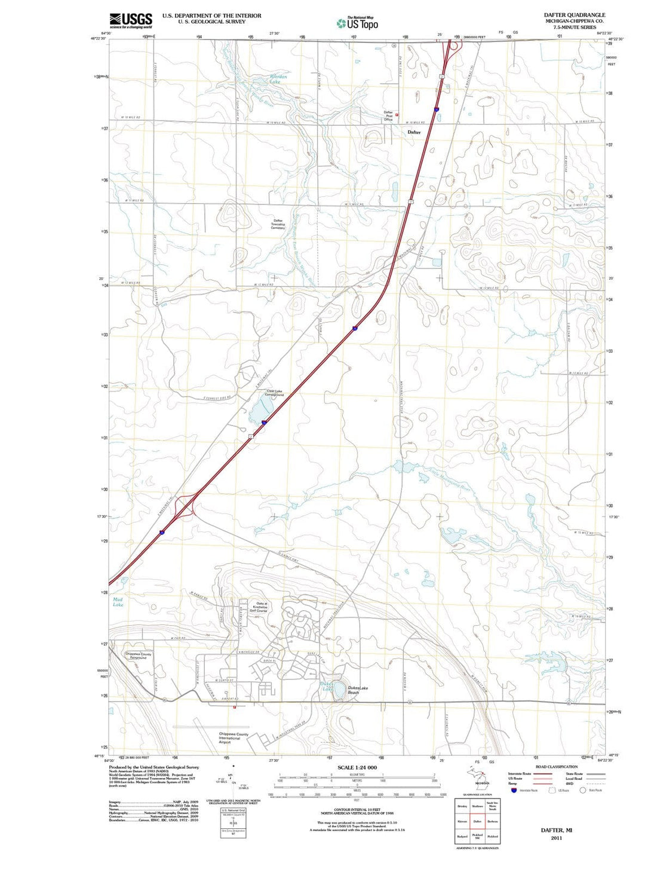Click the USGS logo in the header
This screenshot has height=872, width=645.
pyautogui.click(x=131, y=21)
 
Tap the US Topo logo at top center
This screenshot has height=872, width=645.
pyautogui.click(x=357, y=23)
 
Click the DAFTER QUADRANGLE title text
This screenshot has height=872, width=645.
pyautogui.click(x=574, y=15)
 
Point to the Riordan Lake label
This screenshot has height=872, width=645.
pyautogui.click(x=278, y=79)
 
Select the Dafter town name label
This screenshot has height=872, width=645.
pyautogui.click(x=414, y=132)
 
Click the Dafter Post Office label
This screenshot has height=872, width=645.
pyautogui.click(x=388, y=116)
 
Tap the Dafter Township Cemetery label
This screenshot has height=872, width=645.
pyautogui.click(x=278, y=224)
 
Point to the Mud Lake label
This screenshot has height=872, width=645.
pyautogui.click(x=118, y=602)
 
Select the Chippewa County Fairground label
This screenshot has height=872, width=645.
pyautogui.click(x=138, y=656)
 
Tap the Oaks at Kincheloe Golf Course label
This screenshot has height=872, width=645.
pyautogui.click(x=261, y=607)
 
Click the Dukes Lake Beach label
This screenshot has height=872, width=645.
pyautogui.click(x=358, y=690)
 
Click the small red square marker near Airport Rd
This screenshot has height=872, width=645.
pyautogui.click(x=234, y=708)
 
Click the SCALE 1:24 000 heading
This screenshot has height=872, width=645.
pyautogui.click(x=357, y=767)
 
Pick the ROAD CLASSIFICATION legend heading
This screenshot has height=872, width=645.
pyautogui.click(x=556, y=767)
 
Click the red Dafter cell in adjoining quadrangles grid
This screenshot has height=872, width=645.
pyautogui.click(x=477, y=821)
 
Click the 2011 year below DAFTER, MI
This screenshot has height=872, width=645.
pyautogui.click(x=556, y=838)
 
